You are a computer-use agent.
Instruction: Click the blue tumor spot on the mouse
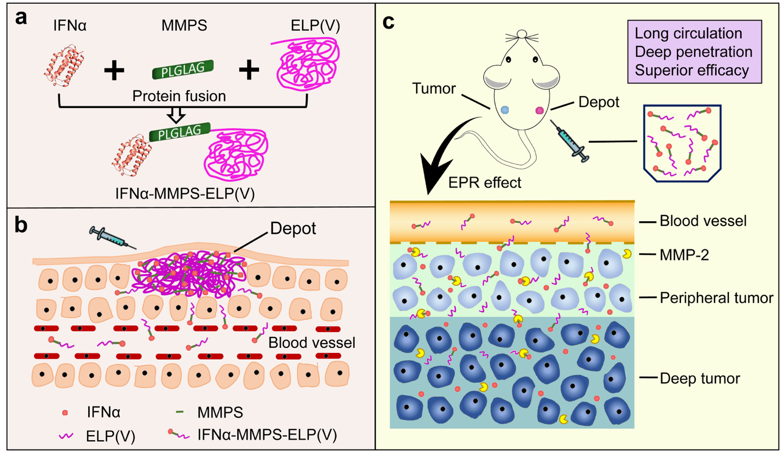pyautogui.click(x=506, y=110)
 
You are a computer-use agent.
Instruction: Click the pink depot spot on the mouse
pyautogui.click(x=540, y=110)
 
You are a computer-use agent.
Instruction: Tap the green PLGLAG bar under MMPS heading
pyautogui.click(x=182, y=71)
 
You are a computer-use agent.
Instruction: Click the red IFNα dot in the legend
pyautogui.click(x=65, y=413)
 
